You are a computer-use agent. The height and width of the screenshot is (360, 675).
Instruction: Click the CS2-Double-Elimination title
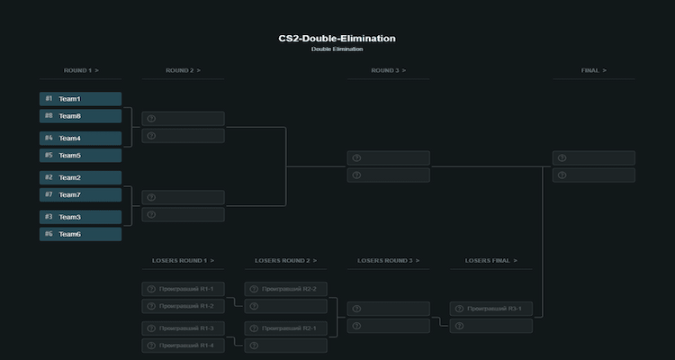(337, 39)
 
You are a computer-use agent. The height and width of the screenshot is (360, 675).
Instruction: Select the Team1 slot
(80, 99)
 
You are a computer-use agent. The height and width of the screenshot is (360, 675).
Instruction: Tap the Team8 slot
(80, 116)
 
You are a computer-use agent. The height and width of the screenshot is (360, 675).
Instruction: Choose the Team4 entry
(80, 139)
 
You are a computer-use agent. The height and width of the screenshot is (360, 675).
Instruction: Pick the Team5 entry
(80, 156)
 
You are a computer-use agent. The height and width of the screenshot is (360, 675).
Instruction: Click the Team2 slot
(80, 178)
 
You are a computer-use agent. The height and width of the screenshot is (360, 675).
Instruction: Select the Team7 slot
(80, 195)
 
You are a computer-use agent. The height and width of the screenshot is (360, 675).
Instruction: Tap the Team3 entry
(80, 217)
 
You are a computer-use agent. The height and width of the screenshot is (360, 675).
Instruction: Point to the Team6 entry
(80, 234)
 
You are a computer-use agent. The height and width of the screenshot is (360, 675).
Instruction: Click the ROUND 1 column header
(80, 70)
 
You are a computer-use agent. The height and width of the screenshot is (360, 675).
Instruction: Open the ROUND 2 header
(183, 70)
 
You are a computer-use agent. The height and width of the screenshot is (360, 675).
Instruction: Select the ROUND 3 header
(388, 70)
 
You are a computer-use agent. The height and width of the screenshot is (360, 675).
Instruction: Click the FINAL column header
(593, 70)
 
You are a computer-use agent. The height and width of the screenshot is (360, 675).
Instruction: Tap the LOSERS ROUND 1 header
(183, 261)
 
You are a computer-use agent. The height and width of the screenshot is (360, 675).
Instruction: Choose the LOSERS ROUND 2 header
(285, 261)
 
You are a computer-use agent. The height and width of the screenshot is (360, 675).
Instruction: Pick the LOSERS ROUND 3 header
(388, 261)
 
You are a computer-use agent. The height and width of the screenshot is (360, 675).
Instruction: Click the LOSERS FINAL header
(490, 261)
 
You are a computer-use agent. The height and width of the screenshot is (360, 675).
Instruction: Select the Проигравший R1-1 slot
(183, 289)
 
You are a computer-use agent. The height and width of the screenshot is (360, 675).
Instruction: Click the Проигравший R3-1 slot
(490, 309)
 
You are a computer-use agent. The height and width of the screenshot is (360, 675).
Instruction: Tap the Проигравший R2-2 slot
(285, 289)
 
